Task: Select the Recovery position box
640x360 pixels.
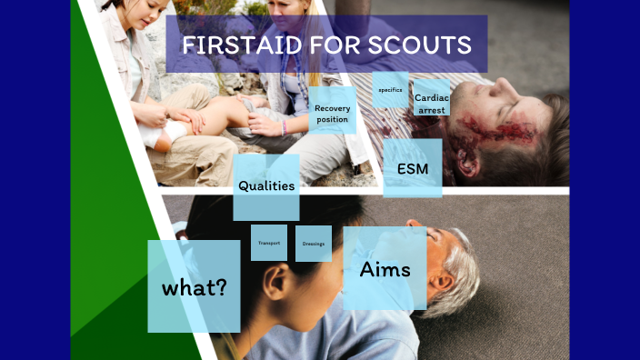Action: coord(332,113)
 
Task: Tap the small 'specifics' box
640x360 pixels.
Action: coord(390,90)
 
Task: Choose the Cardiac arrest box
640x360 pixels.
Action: coord(432,103)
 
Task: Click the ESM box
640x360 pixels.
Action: coord(412,168)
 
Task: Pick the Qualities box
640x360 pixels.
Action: coord(265,186)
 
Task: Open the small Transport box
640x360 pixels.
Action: coord(268,244)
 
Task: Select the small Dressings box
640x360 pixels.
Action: coord(313,244)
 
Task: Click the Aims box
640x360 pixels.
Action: coord(385,269)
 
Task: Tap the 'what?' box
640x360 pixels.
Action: coord(194,287)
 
